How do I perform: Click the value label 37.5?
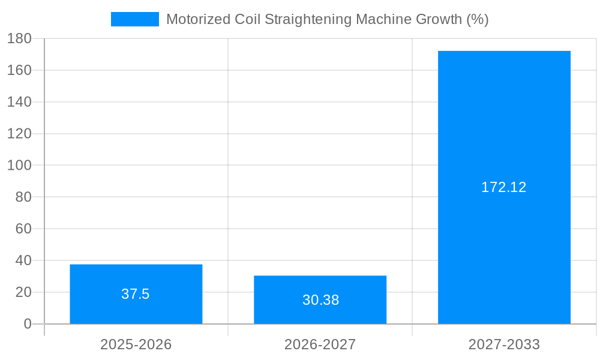tap(136, 294)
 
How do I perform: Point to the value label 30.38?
tap(320, 300)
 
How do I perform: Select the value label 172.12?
tap(504, 187)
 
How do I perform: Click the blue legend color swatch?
tap(135, 19)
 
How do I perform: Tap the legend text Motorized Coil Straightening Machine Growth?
tap(327, 19)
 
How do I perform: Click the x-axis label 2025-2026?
tap(136, 345)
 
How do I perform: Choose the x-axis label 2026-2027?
tap(320, 345)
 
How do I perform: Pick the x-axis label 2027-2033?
tap(504, 345)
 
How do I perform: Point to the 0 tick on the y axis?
tap(28, 324)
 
